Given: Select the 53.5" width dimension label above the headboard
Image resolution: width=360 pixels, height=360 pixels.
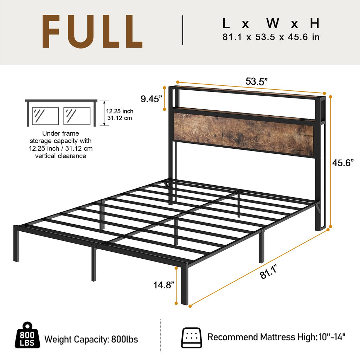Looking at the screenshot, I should tap(256, 81).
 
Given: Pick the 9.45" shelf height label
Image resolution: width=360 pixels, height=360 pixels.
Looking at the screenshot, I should tap(152, 99).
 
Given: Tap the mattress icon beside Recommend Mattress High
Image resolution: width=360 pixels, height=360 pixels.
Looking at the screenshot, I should tap(191, 337).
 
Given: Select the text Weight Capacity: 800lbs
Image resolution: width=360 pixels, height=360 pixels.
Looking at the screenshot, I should tap(91, 339).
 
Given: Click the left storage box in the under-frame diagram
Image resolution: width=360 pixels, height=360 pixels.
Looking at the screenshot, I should tap(45, 116).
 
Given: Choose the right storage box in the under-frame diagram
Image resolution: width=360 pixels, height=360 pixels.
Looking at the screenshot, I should tap(77, 116).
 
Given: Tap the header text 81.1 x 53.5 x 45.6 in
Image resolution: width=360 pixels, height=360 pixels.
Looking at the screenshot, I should tap(271, 37).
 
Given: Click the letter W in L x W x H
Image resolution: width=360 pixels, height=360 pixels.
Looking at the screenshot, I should tap(273, 23).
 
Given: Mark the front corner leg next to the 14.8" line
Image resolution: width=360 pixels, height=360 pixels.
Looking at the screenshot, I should tap(185, 285).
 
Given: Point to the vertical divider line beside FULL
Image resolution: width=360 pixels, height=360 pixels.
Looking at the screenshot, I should tap(183, 30).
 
